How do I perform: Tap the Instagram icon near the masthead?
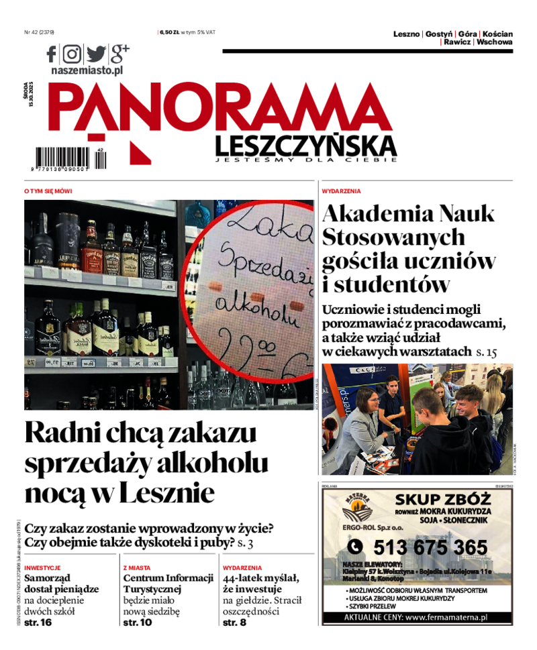(x=72, y=54)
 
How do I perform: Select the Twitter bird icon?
(x=95, y=54)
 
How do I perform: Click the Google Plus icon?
(x=119, y=52)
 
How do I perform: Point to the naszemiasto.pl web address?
(x=87, y=69)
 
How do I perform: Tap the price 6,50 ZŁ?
(x=168, y=32)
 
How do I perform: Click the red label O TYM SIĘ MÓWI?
(x=48, y=191)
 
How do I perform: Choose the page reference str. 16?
(x=38, y=622)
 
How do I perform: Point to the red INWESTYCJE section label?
(x=42, y=567)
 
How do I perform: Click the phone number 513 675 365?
(x=430, y=547)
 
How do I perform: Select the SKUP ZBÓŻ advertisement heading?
(x=443, y=500)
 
